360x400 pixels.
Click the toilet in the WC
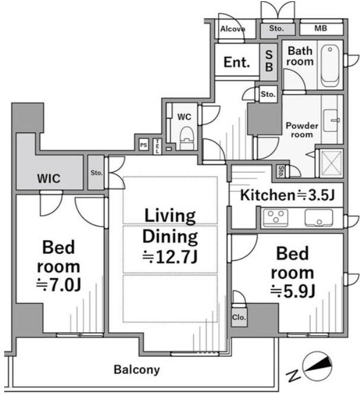[x=187, y=138]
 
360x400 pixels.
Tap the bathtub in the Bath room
[x=330, y=66]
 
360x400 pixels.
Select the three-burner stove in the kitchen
[x=276, y=218]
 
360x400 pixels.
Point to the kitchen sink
[x=318, y=218]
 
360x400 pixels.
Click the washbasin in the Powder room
[x=331, y=121]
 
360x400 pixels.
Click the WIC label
[x=49, y=178]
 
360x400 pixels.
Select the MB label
[x=320, y=28]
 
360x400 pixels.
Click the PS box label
[x=144, y=145]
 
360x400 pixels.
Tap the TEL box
[x=157, y=146]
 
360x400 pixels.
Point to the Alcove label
[x=233, y=29]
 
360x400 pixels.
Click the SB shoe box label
[x=269, y=61]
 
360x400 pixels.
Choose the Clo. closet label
[x=239, y=317]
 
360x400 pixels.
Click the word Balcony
[x=137, y=370]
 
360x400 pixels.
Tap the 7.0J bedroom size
[x=59, y=285]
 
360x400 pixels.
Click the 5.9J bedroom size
[x=293, y=291]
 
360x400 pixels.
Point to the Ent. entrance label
[x=236, y=62]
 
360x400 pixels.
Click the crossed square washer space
[x=331, y=163]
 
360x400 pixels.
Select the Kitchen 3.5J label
[x=288, y=195]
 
